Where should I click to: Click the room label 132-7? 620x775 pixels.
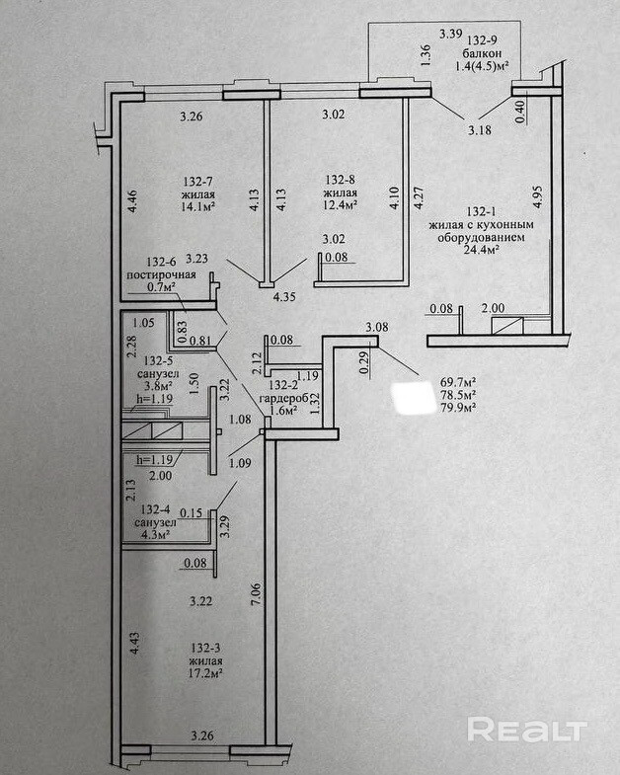tap(198, 182)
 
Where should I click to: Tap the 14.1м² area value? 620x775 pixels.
tap(198, 207)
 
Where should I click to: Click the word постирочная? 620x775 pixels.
tap(160, 274)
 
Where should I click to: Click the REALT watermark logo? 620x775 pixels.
tap(527, 731)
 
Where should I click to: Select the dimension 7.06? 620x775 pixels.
tap(257, 593)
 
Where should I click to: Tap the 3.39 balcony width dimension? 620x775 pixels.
tap(450, 33)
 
